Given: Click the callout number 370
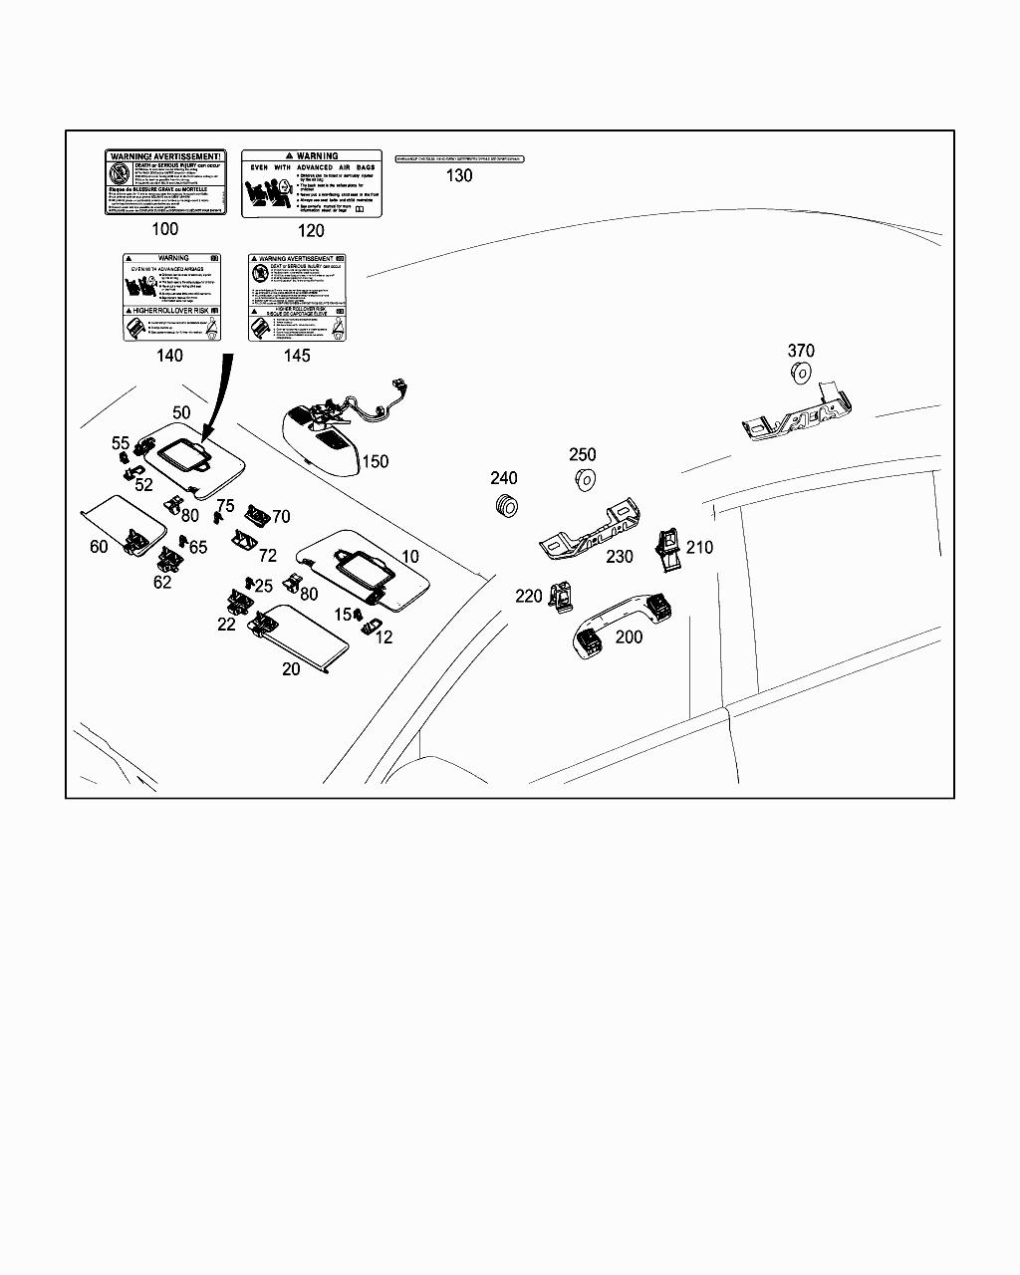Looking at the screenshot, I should tap(801, 351).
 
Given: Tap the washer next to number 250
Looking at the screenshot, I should tap(586, 480).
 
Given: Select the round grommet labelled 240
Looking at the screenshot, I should tap(507, 505).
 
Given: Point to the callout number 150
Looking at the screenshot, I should tap(375, 461).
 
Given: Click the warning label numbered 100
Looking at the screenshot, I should tap(165, 182).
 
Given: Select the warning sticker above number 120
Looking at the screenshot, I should tap(311, 183).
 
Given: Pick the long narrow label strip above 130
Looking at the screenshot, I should tap(459, 158).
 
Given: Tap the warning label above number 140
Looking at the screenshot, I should tap(170, 297).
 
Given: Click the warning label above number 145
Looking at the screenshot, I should tap(297, 297).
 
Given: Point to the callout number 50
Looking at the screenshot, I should tap(181, 412).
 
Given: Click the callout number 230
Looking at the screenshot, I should tap(620, 557).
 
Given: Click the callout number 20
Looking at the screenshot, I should tap(291, 668).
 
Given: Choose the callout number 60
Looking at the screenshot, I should tap(99, 546).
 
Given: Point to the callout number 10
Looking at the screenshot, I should tap(410, 556).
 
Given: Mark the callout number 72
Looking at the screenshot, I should tap(268, 556).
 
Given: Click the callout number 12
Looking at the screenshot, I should tap(384, 637).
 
